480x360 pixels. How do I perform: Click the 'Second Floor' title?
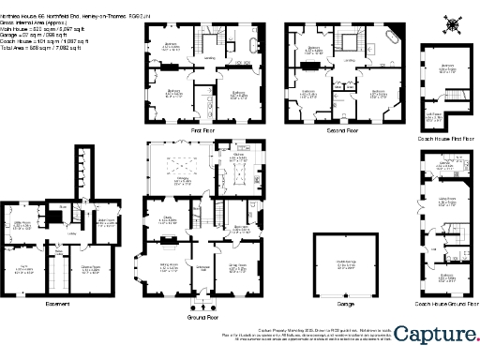click(343, 131)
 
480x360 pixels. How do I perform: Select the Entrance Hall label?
click(200, 267)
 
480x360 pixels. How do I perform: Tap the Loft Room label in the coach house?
click(434, 116)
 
